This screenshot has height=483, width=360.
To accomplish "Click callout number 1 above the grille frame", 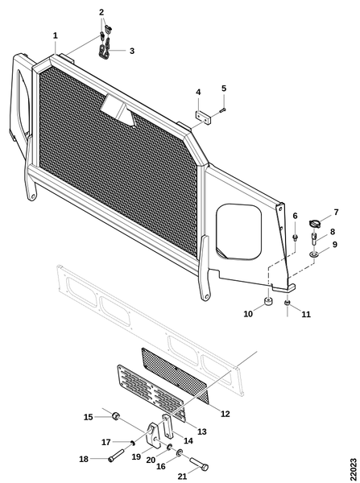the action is (x=56, y=35).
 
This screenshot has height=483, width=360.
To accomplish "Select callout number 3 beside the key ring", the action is (x=132, y=51).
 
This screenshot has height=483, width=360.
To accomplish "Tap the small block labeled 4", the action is (x=203, y=117).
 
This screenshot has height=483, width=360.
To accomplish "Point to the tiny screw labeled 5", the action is (x=223, y=109).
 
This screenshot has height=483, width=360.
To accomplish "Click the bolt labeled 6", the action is (x=295, y=237).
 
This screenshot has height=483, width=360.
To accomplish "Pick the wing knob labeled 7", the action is (x=314, y=223).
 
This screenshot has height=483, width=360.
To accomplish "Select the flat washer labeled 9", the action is (x=314, y=254).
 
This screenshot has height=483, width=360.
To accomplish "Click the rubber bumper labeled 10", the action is (x=269, y=301).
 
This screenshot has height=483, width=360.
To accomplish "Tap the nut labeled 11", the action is (x=288, y=303).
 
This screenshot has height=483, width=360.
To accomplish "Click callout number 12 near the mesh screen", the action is (x=226, y=414).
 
